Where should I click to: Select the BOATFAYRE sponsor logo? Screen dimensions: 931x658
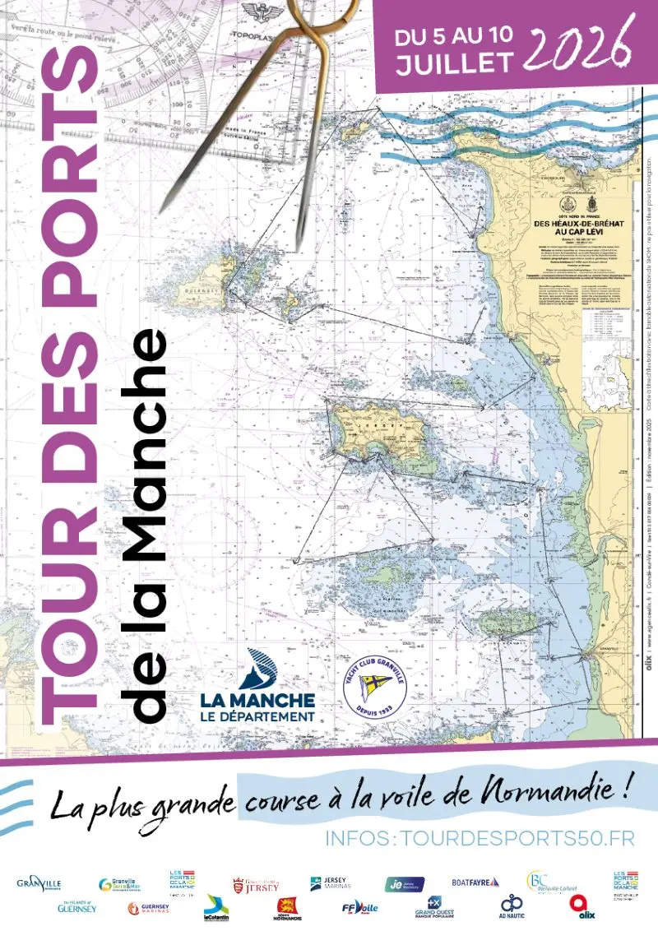point(475,882)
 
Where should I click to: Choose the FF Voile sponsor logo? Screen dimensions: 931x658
point(359,908)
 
